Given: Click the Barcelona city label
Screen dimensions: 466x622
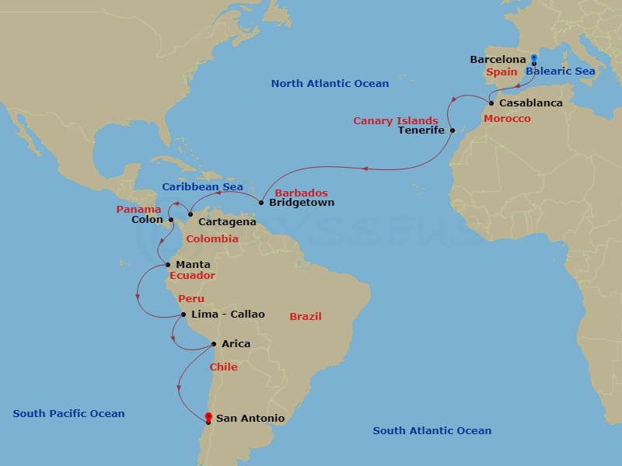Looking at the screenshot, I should point(498,60).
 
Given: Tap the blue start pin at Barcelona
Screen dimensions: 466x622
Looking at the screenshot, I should point(533,59).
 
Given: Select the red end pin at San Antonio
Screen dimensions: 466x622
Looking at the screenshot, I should point(208,418).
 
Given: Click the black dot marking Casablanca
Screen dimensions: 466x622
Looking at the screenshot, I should point(491,103).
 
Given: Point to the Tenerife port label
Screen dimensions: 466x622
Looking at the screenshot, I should point(421,130).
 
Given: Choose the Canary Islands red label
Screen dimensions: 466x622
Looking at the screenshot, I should point(395,121).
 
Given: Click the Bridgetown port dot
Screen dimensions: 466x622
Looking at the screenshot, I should point(261,203).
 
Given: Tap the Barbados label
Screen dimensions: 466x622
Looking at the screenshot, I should point(302,193).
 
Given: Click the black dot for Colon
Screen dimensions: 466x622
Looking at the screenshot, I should point(171,220).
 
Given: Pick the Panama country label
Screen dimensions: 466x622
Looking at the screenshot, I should point(138,210).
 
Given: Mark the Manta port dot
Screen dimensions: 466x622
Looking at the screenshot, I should point(168,265).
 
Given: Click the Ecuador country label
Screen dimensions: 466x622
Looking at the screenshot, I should point(192,276).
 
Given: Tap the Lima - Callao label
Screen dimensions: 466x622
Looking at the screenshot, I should point(228,315).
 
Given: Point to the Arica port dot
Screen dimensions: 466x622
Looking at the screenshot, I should point(214,344).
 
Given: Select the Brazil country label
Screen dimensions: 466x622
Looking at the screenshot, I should point(306,317).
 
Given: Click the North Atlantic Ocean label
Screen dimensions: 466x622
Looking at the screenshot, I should point(330,84).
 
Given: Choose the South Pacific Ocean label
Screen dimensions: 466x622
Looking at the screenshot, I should point(68,414).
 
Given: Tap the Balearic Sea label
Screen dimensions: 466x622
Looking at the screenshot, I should point(560,71).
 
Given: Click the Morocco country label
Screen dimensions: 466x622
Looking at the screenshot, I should point(507,119).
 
